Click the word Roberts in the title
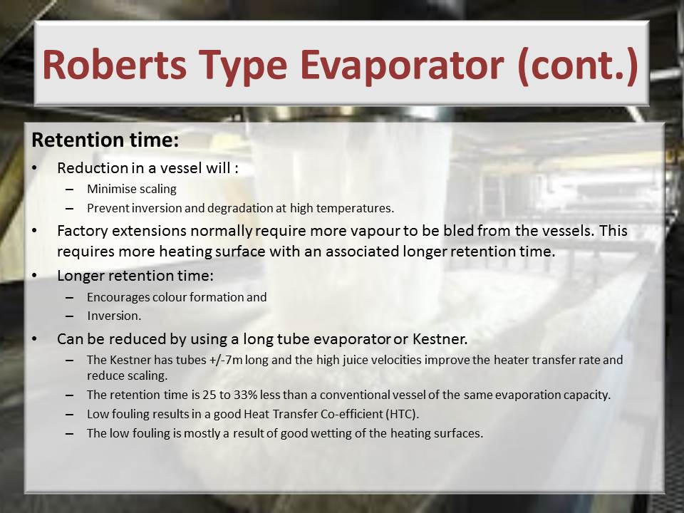(x=115, y=65)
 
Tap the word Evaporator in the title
(x=402, y=66)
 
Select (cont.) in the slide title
(x=579, y=66)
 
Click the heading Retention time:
(x=105, y=140)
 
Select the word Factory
(x=83, y=231)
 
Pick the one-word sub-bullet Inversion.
(x=114, y=316)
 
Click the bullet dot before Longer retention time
(x=35, y=276)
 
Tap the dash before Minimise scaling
(x=69, y=190)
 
